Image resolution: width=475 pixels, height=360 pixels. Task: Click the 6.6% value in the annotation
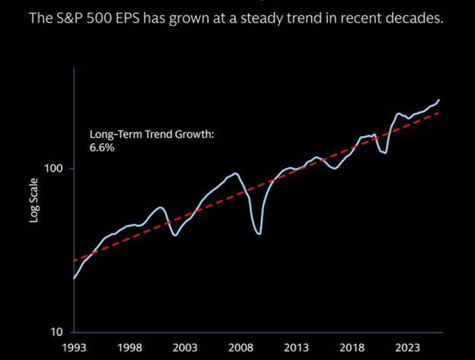pos(102,147)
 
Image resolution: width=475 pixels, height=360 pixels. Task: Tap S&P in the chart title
pos(70,17)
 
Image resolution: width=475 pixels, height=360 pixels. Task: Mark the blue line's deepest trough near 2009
pos(260,234)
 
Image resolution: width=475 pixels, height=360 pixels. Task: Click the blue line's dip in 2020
pos(385,153)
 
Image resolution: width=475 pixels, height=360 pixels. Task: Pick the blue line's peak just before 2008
pos(235,174)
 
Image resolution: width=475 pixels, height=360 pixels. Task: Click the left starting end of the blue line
pos(73,279)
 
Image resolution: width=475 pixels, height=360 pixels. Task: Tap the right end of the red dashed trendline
pos(438,112)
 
